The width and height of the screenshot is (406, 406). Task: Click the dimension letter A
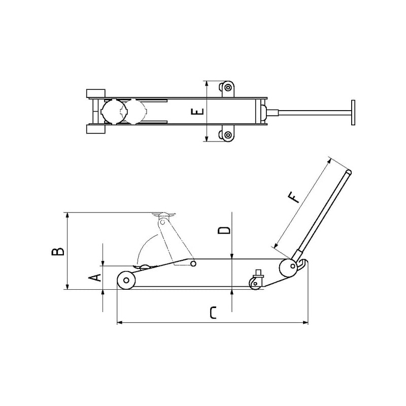95,278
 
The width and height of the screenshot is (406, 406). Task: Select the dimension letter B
58,251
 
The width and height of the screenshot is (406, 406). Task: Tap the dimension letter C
213,313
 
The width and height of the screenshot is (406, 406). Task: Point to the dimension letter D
224,230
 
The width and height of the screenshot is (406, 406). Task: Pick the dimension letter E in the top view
197,112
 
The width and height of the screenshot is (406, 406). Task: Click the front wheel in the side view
126,280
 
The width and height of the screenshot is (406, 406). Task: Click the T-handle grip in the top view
353,112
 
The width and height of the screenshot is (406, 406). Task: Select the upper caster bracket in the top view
227,89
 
